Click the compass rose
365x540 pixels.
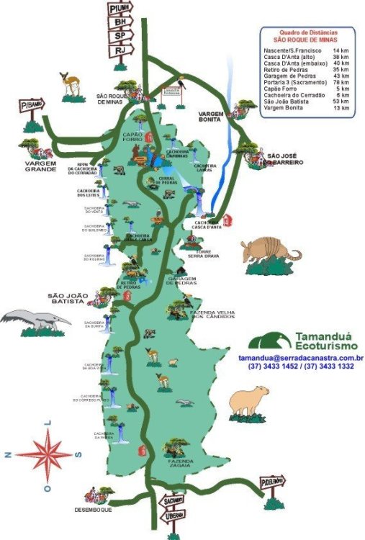pyautogui.click(x=50, y=454)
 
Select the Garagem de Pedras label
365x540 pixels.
pyautogui.click(x=181, y=282)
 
